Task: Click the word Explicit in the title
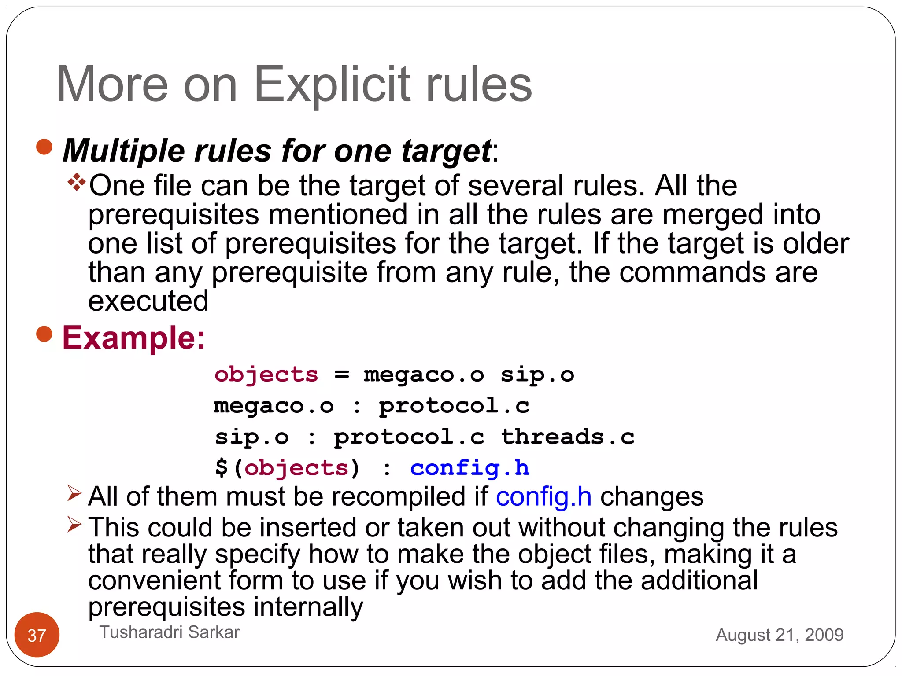pyautogui.click(x=333, y=84)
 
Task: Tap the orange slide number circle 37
pyautogui.click(x=37, y=635)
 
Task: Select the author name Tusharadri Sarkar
pyautogui.click(x=170, y=632)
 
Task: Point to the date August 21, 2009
pyautogui.click(x=780, y=635)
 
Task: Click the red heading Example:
pyautogui.click(x=134, y=338)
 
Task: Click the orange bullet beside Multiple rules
pyautogui.click(x=44, y=147)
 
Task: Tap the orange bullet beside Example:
pyautogui.click(x=44, y=334)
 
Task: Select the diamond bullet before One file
pyautogui.click(x=77, y=182)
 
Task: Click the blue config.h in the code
pyautogui.click(x=469, y=468)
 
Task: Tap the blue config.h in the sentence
pyautogui.click(x=543, y=497)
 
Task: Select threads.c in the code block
pyautogui.click(x=568, y=437)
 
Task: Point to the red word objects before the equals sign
pyautogui.click(x=266, y=375)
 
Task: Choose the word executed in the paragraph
pyautogui.click(x=148, y=301)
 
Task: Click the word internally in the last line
pyautogui.click(x=308, y=607)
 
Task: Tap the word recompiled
pyautogui.click(x=399, y=497)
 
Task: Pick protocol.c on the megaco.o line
pyautogui.click(x=454, y=406)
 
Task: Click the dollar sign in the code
pyautogui.click(x=222, y=468)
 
